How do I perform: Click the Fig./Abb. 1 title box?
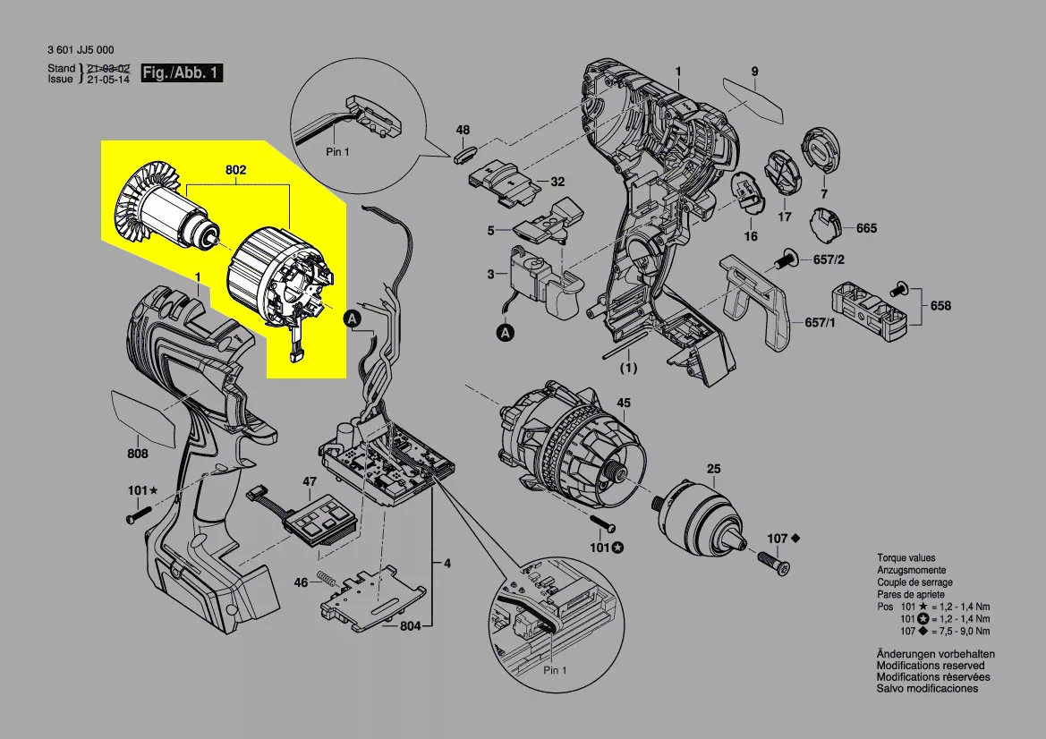click(183, 73)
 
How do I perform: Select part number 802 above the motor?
click(236, 170)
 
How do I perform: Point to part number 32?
click(557, 182)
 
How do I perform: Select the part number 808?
click(137, 454)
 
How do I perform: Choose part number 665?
click(866, 228)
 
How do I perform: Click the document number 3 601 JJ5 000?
click(81, 51)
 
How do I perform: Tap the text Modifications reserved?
click(931, 666)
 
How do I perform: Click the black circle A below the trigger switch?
click(506, 333)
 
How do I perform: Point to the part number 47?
click(310, 481)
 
